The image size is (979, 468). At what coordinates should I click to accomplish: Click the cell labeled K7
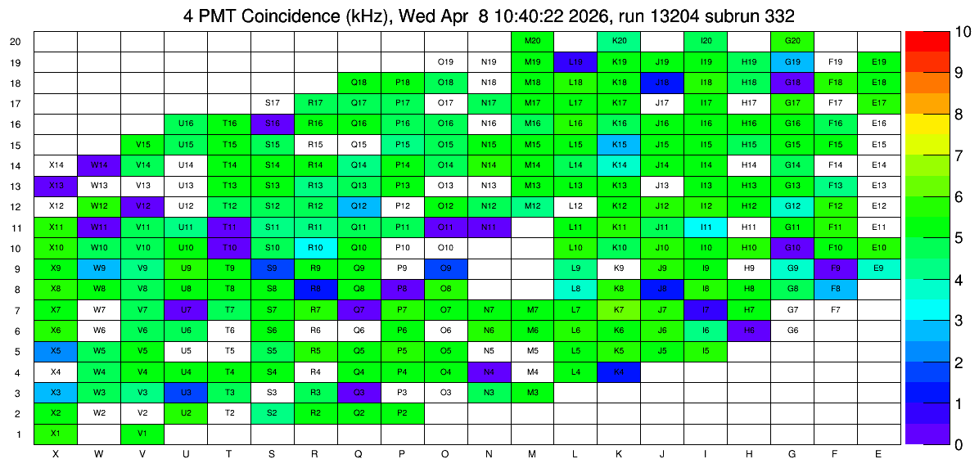pos(619,310)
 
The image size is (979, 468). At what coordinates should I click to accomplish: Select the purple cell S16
pos(273,124)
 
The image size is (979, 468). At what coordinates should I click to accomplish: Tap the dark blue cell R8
pos(315,290)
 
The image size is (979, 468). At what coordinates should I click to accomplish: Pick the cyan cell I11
pos(706,227)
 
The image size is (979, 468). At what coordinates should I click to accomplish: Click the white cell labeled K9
pos(619,269)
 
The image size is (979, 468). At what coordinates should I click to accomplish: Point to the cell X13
pos(56,186)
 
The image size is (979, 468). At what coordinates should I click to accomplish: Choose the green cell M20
pos(532,41)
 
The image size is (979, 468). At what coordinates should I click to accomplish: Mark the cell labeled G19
pos(792,62)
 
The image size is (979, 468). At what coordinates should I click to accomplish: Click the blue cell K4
pos(619,372)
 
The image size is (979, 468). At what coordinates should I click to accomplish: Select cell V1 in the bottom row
pos(142,434)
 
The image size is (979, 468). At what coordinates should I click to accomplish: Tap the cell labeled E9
pos(879,269)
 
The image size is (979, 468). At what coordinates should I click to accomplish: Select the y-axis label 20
pos(16,42)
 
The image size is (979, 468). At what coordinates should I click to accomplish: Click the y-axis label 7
pos(19,311)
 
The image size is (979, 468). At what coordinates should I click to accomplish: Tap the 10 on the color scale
pos(959,32)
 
